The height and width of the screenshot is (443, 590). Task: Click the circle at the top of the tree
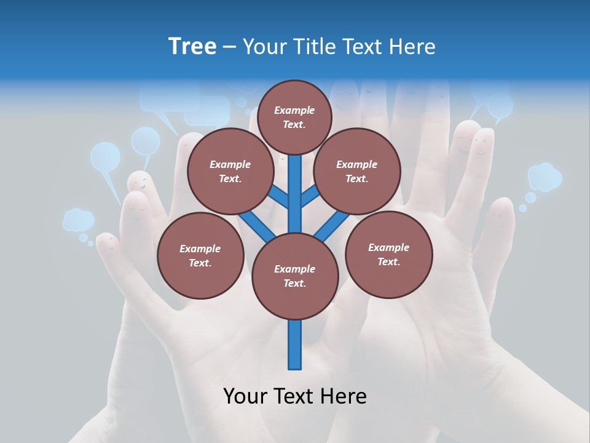click(294, 117)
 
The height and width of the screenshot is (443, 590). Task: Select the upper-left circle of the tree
click(230, 172)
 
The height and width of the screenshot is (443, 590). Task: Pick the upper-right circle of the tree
click(357, 172)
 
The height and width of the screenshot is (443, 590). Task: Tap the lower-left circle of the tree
click(200, 255)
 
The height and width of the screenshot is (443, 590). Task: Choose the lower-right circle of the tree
click(388, 254)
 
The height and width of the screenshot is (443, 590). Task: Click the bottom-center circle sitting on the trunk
click(295, 276)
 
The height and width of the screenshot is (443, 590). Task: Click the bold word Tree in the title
click(192, 46)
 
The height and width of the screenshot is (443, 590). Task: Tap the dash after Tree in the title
click(229, 47)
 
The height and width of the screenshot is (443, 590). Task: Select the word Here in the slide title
click(412, 46)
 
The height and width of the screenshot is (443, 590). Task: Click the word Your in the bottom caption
click(245, 396)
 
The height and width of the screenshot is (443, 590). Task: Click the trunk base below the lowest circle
click(295, 348)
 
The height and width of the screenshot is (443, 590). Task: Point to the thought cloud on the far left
click(79, 220)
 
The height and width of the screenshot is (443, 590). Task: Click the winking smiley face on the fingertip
click(141, 183)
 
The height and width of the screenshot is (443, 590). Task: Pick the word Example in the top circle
click(294, 110)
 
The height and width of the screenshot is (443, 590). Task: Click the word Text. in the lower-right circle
click(388, 261)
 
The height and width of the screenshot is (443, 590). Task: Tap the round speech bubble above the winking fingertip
click(146, 141)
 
